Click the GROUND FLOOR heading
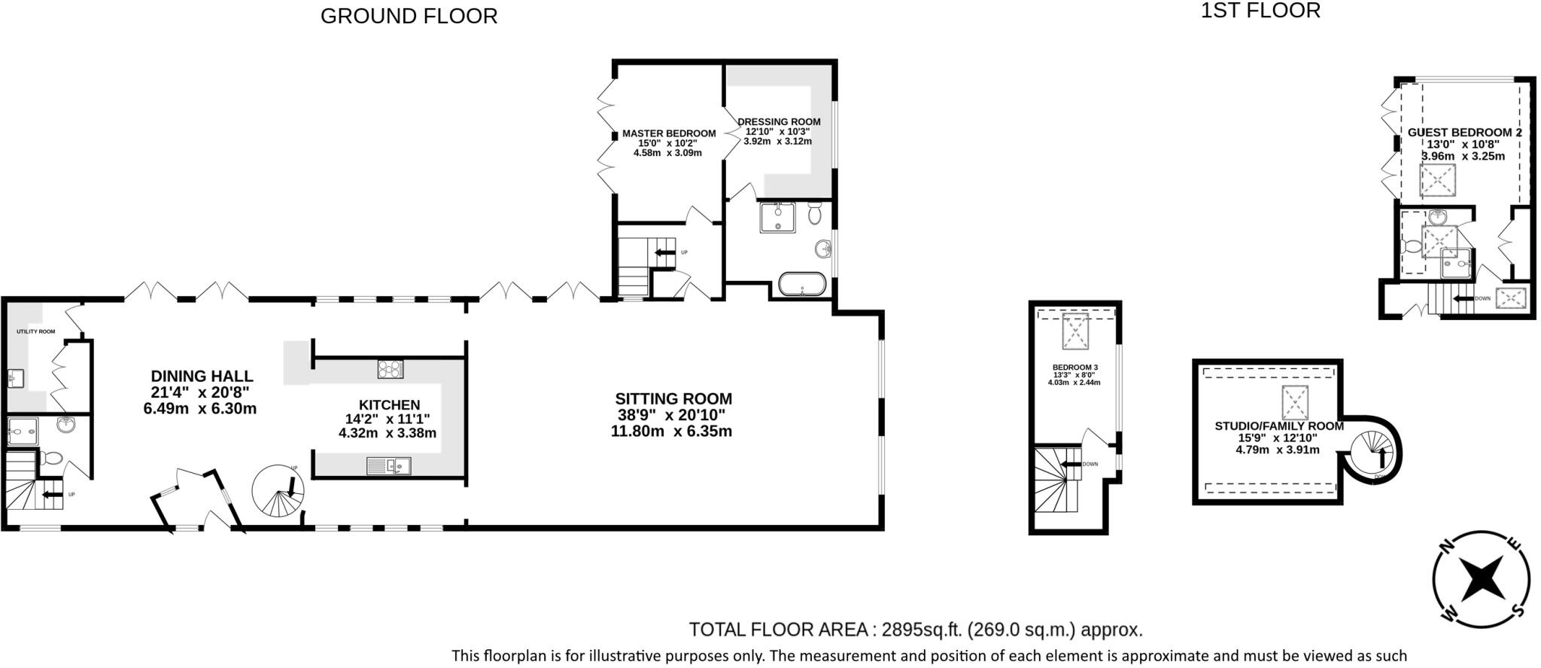click(409, 16)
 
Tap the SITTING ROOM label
click(673, 399)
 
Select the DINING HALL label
click(202, 376)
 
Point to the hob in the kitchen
click(390, 369)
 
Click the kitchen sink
click(389, 466)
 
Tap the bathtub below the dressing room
click(802, 285)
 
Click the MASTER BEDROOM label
click(668, 133)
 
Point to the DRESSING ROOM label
click(779, 121)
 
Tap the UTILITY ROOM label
click(36, 331)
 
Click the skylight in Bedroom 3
click(1075, 331)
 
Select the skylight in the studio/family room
click(1295, 402)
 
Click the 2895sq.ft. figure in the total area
click(922, 630)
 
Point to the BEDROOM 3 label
click(1074, 368)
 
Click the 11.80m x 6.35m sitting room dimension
click(671, 432)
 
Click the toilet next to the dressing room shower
click(814, 214)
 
